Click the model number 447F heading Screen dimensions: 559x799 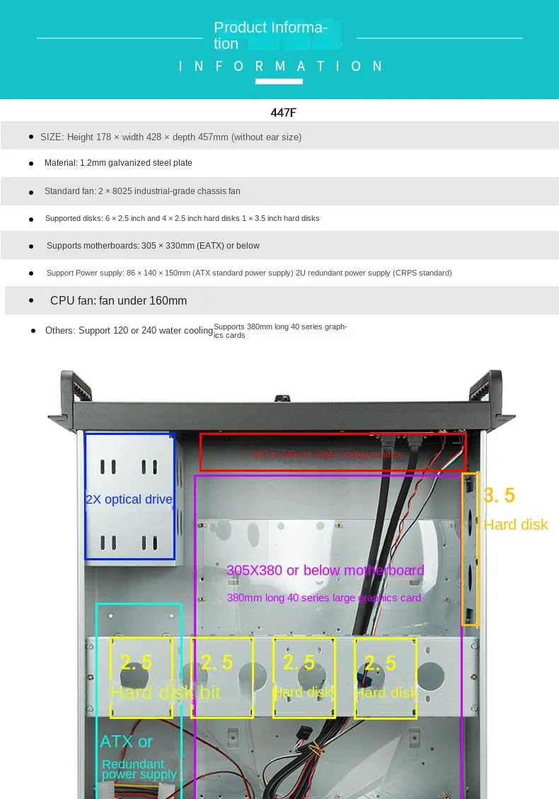coord(282,112)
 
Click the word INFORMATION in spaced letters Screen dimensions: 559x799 coord(281,66)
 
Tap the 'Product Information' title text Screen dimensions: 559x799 coord(270,35)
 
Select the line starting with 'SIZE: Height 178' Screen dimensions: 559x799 coord(171,137)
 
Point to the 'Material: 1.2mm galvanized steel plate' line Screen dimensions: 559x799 coord(118,163)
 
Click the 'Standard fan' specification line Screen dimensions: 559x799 coord(142,191)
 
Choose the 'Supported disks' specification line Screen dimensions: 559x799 coord(182,218)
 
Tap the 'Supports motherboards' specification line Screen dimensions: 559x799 coord(153,246)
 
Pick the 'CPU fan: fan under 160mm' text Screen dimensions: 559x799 coord(118,300)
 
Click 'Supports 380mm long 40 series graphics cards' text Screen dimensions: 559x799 coord(280,330)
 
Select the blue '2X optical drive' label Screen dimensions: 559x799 coord(129,499)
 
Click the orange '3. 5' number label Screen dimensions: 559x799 coord(499,495)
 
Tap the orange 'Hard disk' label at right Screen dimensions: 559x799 coord(516,525)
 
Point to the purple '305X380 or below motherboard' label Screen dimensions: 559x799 coord(325,570)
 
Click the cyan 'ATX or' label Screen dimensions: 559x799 coord(126,742)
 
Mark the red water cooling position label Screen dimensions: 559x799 coord(328,454)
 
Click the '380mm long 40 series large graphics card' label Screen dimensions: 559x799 coord(323,598)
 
